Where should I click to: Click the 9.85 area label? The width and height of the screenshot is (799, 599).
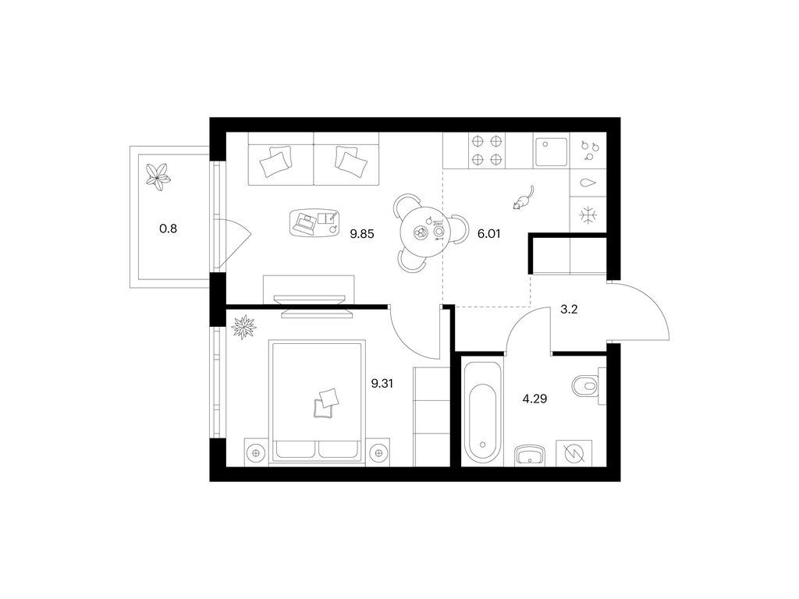[x=362, y=234]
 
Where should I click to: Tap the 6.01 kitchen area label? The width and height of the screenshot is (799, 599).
[x=488, y=234]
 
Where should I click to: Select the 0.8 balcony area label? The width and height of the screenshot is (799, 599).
[x=169, y=229]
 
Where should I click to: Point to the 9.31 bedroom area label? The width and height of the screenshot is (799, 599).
[x=382, y=384]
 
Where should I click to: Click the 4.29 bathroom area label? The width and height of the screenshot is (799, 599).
[x=535, y=399]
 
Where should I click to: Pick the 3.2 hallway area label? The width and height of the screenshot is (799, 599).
[x=569, y=309]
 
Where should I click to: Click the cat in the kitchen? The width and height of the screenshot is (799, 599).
[x=524, y=198]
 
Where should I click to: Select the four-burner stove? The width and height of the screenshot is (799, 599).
[x=487, y=151]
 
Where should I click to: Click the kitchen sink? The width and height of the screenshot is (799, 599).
[x=551, y=152]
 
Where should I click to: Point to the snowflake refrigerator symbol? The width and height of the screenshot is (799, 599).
[x=588, y=215]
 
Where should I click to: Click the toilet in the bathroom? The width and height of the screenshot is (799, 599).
[x=585, y=386]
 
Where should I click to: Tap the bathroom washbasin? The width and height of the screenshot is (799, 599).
[x=530, y=455]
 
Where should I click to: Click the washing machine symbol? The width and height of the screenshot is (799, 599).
[x=574, y=452]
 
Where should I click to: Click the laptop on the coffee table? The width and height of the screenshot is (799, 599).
[x=306, y=222]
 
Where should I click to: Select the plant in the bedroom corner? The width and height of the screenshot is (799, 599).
[x=244, y=327]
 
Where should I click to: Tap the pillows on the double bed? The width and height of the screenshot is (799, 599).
[x=326, y=403]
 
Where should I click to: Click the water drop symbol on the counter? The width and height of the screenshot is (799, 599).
[x=588, y=183]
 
